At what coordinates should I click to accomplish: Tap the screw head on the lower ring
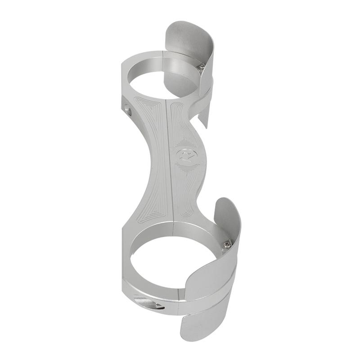[227, 244]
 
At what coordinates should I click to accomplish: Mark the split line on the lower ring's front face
[180, 297]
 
